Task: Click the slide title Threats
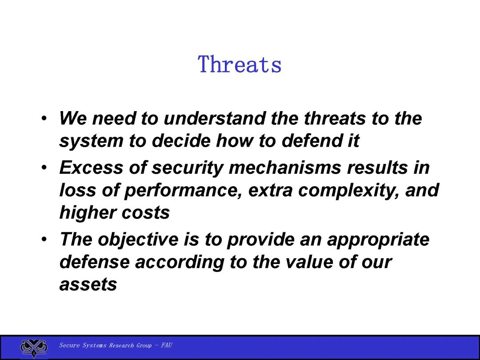click(x=240, y=64)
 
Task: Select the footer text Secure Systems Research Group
click(x=105, y=345)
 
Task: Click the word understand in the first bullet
click(x=214, y=118)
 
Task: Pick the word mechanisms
click(x=285, y=168)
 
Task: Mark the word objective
click(x=138, y=240)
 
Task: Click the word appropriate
click(x=378, y=240)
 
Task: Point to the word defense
click(x=94, y=262)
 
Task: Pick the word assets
click(x=88, y=285)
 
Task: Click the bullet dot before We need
click(x=44, y=119)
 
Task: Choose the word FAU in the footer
click(x=167, y=345)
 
